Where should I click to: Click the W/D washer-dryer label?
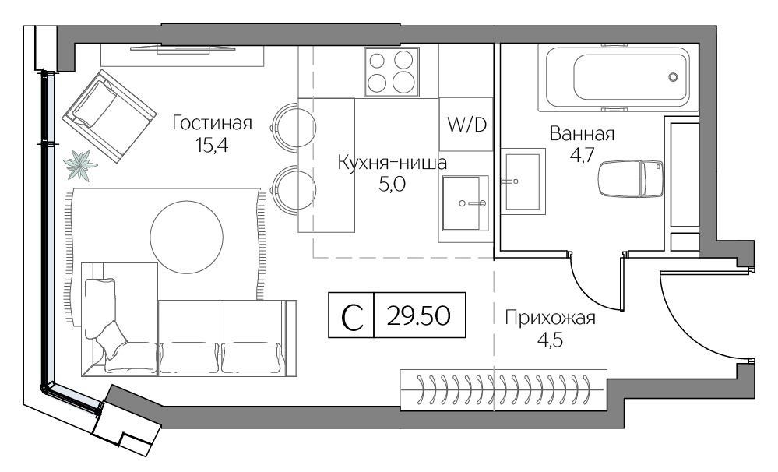pos(467,125)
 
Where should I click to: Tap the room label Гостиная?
pos(213,122)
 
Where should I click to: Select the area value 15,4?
pos(212,145)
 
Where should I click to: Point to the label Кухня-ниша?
pos(392,162)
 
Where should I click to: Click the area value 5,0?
pos(392,185)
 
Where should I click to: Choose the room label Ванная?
pos(582,133)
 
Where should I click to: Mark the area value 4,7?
pos(582,155)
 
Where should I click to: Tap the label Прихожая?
pos(551,318)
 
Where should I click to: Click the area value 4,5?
pos(551,340)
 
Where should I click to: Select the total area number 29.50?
pos(419,315)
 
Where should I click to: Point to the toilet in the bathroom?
pos(631,178)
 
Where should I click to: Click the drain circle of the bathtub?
pos(673,77)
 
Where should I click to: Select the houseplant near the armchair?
pos(79,165)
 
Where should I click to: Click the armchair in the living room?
pos(109,116)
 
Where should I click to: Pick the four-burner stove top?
pos(392,72)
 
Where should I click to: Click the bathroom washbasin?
pos(523,181)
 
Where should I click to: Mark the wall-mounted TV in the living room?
pos(182,48)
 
